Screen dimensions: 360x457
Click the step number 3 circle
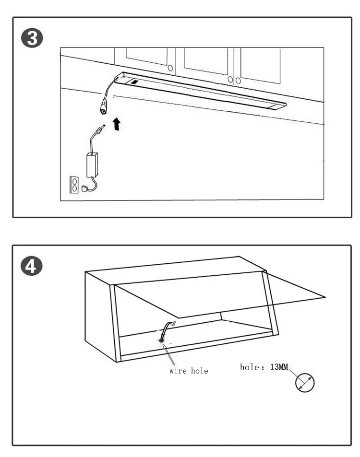point(32,38)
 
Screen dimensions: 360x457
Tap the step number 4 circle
point(32,266)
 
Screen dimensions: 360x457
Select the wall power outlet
point(74,185)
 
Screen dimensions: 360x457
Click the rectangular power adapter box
point(92,164)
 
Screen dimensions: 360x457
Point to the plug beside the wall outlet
point(84,188)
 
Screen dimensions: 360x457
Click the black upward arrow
point(117,124)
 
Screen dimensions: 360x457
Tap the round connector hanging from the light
point(104,107)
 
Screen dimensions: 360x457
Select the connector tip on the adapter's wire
point(99,129)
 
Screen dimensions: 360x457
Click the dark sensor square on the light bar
point(134,82)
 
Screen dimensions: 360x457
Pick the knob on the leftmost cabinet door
point(170,69)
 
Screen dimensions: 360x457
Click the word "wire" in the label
point(178,371)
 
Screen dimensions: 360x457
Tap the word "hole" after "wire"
point(200,371)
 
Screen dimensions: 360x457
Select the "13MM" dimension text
point(279,367)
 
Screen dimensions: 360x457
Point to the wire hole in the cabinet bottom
point(161,340)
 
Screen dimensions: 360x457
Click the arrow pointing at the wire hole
point(168,354)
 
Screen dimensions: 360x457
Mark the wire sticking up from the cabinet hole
point(166,329)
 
